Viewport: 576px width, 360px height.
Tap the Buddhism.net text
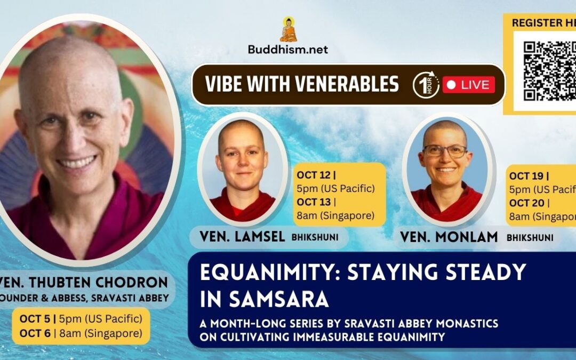point(288,50)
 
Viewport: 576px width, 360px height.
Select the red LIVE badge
point(469,85)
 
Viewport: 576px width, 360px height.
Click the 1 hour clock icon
point(426,85)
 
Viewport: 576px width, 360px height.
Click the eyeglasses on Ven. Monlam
point(445,150)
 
